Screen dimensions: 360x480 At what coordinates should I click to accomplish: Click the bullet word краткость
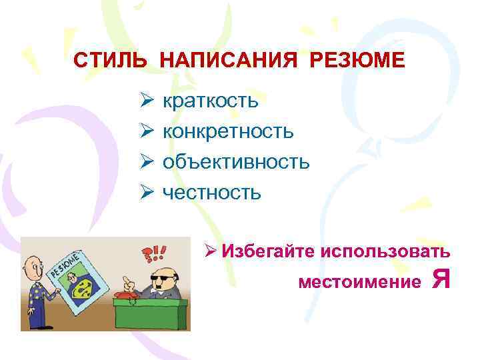tap(210, 101)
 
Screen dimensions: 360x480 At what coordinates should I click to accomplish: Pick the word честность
tap(212, 193)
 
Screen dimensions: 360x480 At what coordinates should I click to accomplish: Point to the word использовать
tap(387, 252)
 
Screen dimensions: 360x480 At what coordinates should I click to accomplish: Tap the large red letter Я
tap(440, 278)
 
